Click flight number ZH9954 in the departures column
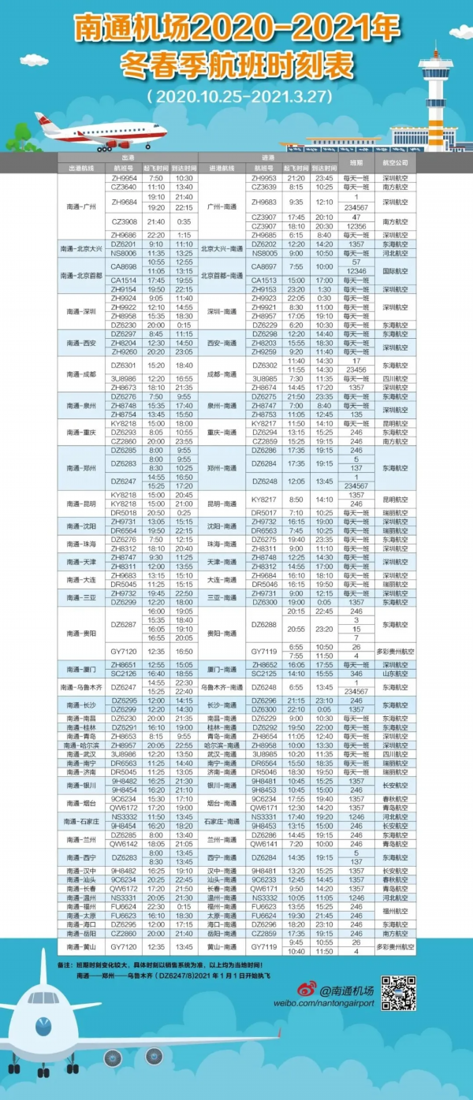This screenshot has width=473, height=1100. tap(124, 179)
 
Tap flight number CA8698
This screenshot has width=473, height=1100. tap(124, 266)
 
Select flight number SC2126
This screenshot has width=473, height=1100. tap(124, 674)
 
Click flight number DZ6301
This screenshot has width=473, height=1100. tap(124, 365)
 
